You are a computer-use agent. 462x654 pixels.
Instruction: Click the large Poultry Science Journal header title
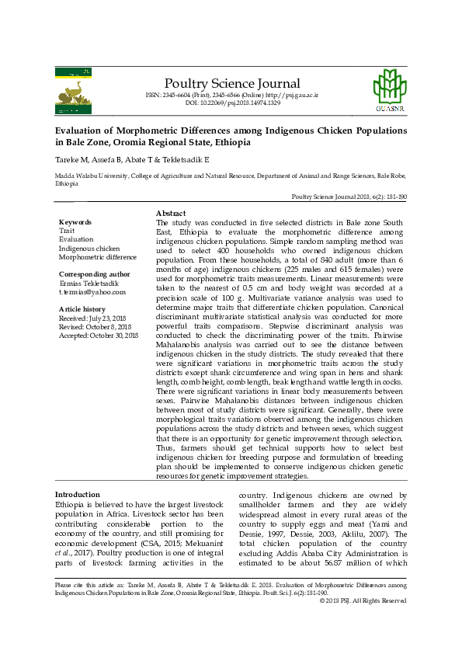tap(231, 84)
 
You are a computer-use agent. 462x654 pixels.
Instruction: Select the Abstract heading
tap(171, 213)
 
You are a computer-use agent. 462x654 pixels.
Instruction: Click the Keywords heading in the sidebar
tap(75, 222)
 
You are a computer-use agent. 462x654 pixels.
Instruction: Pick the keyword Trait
tap(67, 231)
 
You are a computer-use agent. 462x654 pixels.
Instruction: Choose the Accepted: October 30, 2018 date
tap(99, 336)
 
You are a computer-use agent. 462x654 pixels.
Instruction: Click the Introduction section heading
tap(77, 494)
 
